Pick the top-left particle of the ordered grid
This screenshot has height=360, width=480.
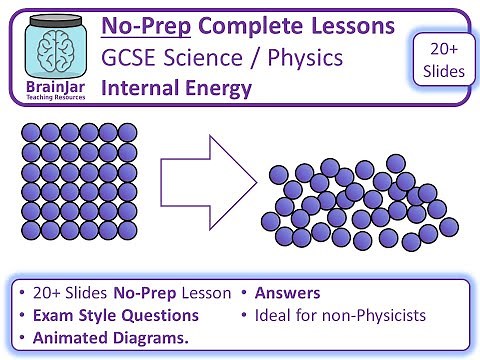[30, 133]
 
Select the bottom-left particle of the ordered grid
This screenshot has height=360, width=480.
[30, 230]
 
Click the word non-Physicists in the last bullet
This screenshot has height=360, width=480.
[371, 315]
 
